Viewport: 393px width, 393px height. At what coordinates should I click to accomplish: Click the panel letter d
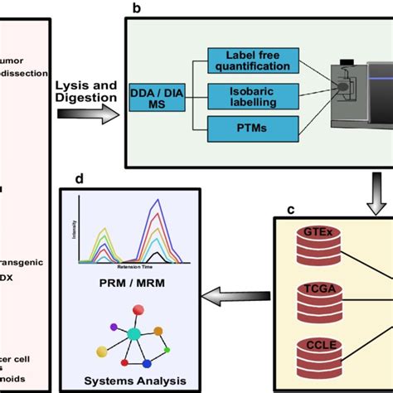click(79, 178)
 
